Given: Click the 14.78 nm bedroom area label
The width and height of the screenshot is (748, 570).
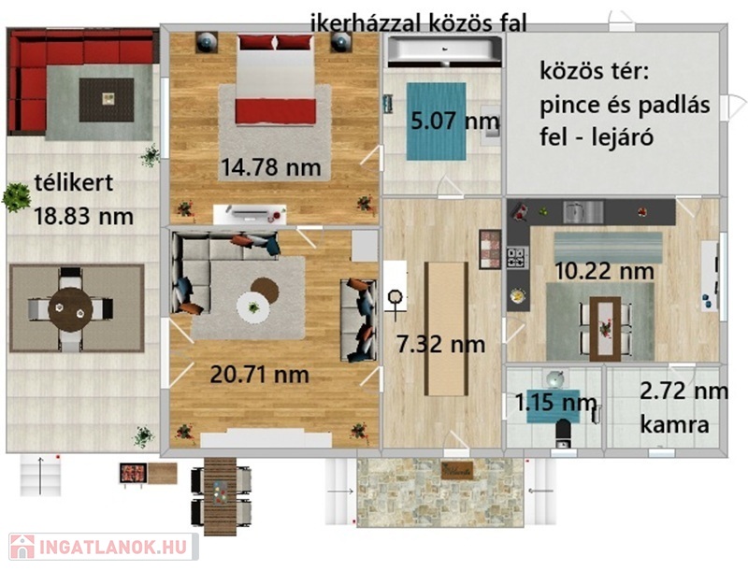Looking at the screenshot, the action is tap(270, 167).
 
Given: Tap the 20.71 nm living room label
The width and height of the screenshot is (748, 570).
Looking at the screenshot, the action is tap(260, 375).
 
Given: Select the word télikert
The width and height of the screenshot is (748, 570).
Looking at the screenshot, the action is tap(74, 182).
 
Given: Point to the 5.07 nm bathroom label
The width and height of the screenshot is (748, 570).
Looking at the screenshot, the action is tap(455, 121).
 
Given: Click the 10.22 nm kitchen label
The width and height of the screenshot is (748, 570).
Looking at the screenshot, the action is tap(604, 271).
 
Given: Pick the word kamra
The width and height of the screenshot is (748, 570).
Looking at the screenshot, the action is tap(674, 424).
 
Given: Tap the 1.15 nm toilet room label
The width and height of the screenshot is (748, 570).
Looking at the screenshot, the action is tap(555, 403).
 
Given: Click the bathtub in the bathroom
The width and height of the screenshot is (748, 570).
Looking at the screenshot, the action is tap(444, 51).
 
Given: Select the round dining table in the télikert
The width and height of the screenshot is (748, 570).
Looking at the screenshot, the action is tap(71, 308).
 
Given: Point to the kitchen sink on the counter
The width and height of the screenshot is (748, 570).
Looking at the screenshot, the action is tap(583, 212).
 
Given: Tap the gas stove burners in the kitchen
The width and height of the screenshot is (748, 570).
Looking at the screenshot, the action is tap(517, 257).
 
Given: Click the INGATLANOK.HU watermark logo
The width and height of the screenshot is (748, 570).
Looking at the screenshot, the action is tap(103, 547).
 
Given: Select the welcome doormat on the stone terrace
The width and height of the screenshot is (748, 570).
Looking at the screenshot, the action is tap(457, 471).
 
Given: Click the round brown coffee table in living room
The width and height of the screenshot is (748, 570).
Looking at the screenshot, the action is tap(265, 291).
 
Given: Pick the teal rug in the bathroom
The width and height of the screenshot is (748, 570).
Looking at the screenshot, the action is tap(436, 121).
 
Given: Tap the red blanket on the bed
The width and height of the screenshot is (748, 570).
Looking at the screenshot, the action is tap(275, 111).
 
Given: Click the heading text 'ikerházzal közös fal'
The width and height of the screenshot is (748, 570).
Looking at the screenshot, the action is tap(418, 22).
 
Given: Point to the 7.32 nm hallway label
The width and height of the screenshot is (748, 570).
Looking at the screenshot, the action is tap(440, 344).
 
